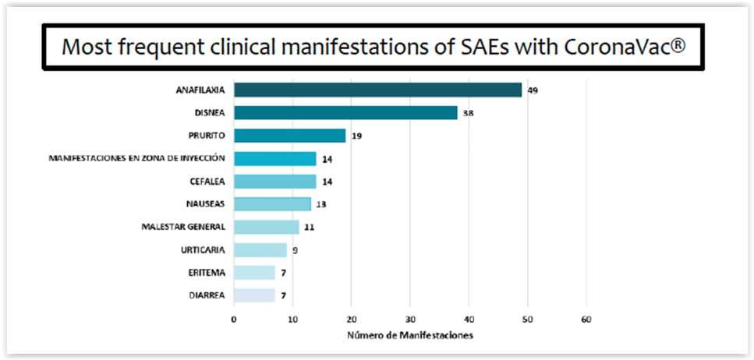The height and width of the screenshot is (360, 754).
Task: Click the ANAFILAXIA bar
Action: (378, 90)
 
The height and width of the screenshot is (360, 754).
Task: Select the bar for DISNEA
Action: (345, 113)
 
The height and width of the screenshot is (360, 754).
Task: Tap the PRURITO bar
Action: (290, 136)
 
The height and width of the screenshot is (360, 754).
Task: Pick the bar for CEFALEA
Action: (275, 182)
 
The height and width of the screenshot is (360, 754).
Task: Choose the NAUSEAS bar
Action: (273, 204)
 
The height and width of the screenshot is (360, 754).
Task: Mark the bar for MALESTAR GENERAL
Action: (267, 227)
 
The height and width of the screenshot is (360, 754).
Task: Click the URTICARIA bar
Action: (260, 250)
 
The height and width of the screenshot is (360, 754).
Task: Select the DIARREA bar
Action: (254, 295)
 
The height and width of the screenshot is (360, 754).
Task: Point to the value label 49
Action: (533, 90)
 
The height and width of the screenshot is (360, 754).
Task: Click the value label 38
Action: (468, 113)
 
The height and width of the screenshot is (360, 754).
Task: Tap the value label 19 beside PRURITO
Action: (356, 136)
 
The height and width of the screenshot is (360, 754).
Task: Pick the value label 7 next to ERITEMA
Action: (284, 273)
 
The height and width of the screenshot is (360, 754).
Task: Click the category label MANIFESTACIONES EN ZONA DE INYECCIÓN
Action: (137, 159)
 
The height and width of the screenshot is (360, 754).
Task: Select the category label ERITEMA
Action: (207, 273)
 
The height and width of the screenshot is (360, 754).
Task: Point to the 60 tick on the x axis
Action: (586, 320)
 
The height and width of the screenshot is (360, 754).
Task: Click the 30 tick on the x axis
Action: (410, 320)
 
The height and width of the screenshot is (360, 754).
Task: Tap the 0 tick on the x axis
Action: (234, 320)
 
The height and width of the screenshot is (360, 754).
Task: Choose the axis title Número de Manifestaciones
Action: (410, 336)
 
